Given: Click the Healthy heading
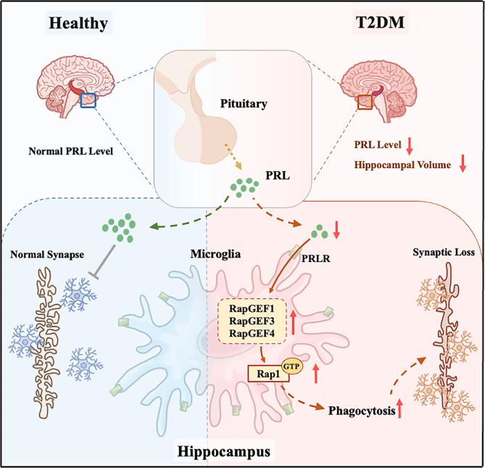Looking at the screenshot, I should [x=78, y=22].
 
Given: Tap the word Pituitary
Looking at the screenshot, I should [x=243, y=104].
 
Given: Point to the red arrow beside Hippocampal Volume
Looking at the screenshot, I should [x=462, y=165].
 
